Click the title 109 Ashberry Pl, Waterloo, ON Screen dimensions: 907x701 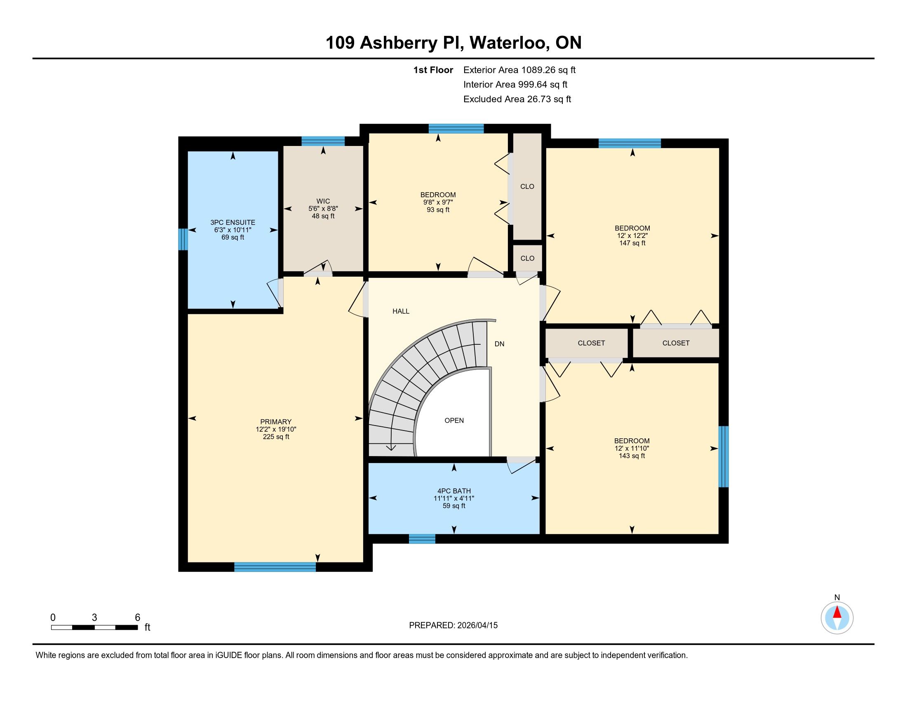[x=453, y=43]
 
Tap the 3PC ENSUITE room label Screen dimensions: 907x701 [x=233, y=223]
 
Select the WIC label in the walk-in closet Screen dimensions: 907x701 [x=323, y=201]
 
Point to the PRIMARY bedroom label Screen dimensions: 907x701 [x=276, y=422]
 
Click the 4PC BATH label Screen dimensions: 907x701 [x=454, y=491]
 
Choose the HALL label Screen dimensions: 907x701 [x=401, y=311]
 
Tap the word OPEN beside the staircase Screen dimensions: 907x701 [x=454, y=420]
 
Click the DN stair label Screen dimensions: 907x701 [x=499, y=344]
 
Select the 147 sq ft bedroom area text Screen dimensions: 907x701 [x=632, y=243]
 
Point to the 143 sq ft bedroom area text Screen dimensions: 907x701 [x=632, y=456]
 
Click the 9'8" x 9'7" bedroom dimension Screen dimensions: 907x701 [x=438, y=202]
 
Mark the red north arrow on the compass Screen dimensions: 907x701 [x=837, y=612]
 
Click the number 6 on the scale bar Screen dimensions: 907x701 [x=137, y=618]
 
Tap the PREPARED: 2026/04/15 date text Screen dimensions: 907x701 [x=453, y=626]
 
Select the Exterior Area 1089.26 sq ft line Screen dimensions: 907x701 [x=519, y=70]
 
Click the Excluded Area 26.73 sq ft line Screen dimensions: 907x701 [x=517, y=99]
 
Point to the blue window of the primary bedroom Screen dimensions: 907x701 [x=275, y=567]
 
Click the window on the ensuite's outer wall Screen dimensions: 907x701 [x=183, y=239]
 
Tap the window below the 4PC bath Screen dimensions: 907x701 [x=422, y=539]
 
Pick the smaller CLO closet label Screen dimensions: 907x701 [x=527, y=258]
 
